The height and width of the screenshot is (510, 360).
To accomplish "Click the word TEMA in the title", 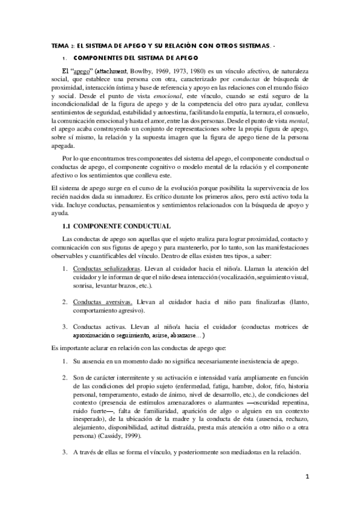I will pyautogui.click(x=59, y=45).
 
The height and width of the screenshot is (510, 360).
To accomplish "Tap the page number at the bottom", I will pyautogui.click(x=307, y=477).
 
